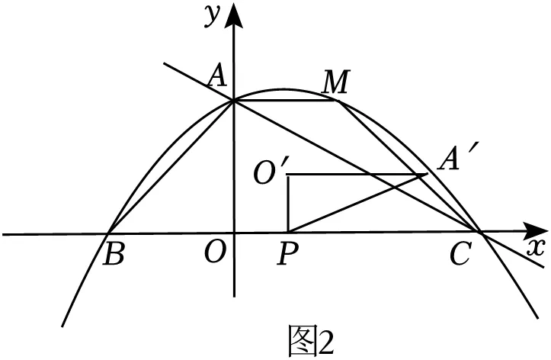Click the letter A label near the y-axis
(216, 77)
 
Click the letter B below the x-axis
(114, 254)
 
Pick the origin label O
(213, 253)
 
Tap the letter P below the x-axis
(287, 253)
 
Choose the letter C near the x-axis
(460, 253)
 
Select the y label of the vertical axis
(213, 16)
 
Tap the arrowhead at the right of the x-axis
(535, 231)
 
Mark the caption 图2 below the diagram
(311, 341)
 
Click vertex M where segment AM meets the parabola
(338, 101)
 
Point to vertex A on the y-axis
(233, 101)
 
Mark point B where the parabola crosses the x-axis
(108, 233)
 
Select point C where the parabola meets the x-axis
(480, 232)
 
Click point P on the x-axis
(288, 233)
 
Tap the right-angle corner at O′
(288, 174)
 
